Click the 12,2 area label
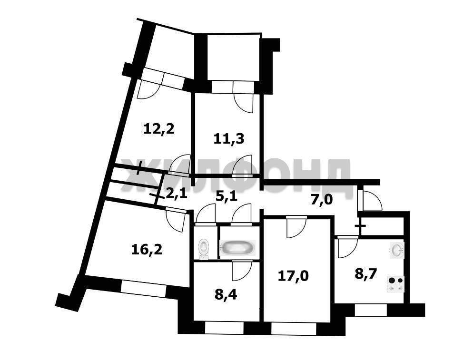(159, 129)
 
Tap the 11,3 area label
(229, 139)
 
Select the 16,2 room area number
(147, 249)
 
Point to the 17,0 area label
(293, 275)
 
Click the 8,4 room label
(226, 294)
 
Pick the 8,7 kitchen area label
(365, 275)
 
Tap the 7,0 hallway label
(322, 199)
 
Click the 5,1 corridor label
(227, 196)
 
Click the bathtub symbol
(238, 248)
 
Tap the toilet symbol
(204, 249)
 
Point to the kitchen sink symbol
(397, 250)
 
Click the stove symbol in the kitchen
(395, 284)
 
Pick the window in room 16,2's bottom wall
(143, 288)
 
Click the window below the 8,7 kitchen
(371, 311)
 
